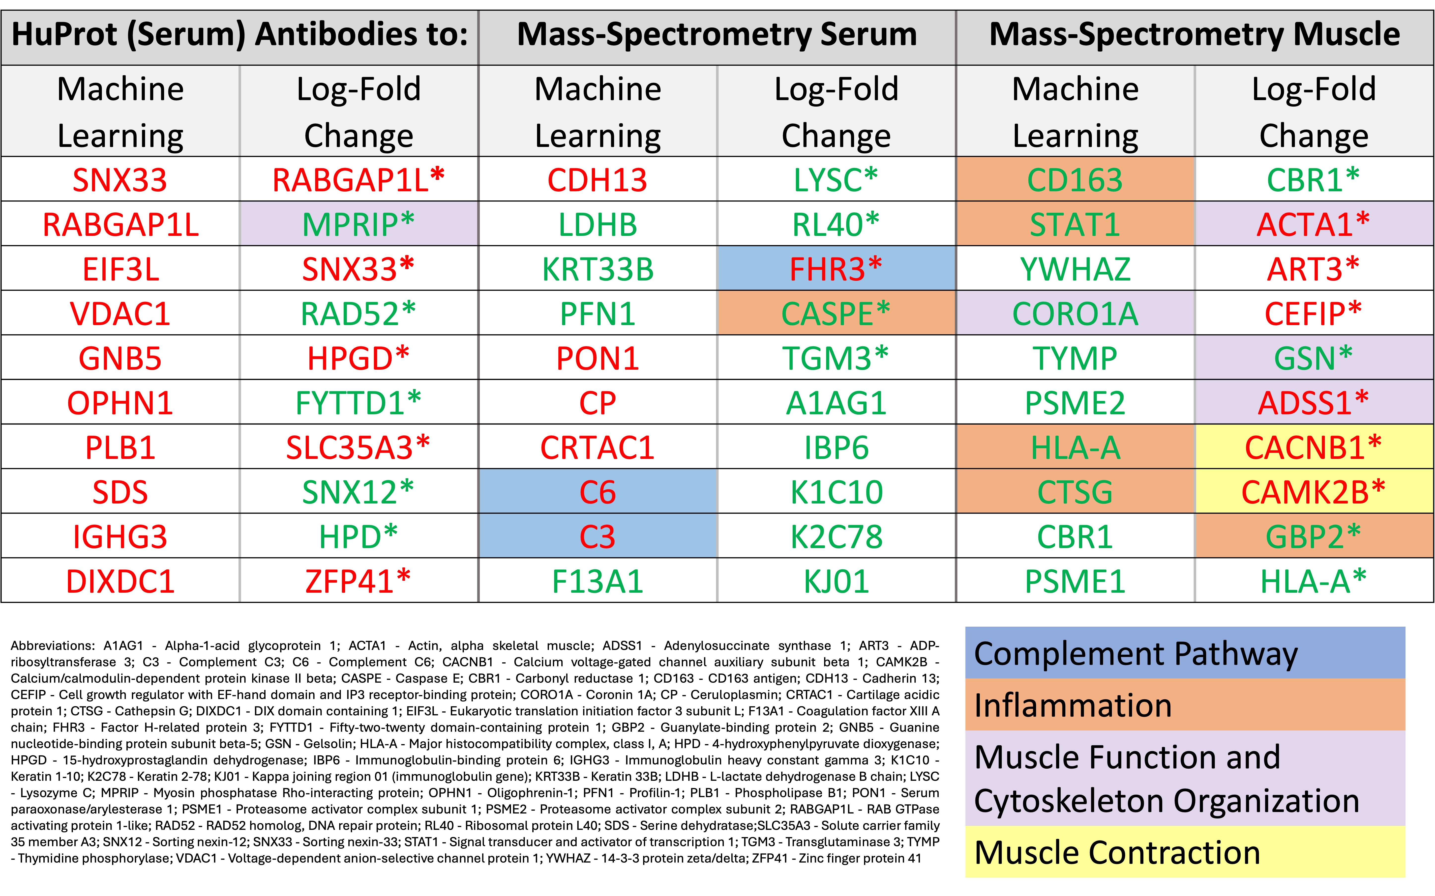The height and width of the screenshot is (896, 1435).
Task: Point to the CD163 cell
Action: click(1075, 179)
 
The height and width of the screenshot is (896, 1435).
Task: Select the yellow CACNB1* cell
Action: click(1314, 447)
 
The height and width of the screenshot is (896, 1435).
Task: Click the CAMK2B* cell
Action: click(1314, 491)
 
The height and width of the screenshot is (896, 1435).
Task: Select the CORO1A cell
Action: click(1075, 313)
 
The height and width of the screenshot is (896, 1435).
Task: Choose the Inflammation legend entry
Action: click(1185, 705)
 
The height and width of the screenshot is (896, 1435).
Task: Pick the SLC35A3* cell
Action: click(359, 447)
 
